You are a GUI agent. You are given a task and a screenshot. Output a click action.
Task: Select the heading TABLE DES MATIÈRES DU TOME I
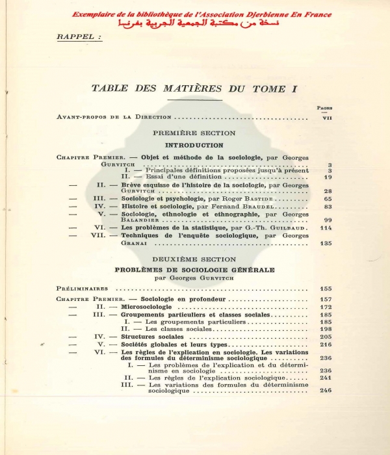(x=193, y=88)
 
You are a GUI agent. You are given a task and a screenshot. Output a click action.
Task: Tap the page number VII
(x=327, y=118)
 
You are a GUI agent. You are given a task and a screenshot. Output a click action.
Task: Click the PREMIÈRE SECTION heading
(x=194, y=134)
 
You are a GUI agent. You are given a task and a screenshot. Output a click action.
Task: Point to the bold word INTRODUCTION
(x=194, y=145)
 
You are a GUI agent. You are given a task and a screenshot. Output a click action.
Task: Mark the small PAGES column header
(x=324, y=108)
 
